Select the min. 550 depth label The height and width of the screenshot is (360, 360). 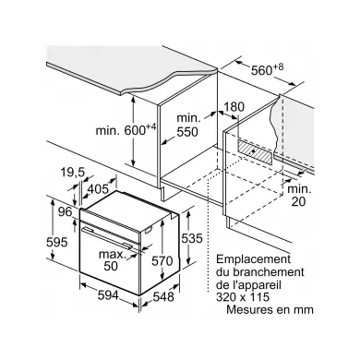[186, 126]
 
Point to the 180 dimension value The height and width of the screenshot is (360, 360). [234, 108]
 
